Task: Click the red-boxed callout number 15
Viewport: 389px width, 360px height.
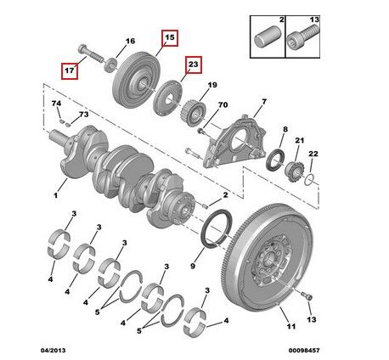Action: point(170,37)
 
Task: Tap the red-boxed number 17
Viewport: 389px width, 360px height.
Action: point(70,70)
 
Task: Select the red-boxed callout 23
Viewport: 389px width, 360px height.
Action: point(194,65)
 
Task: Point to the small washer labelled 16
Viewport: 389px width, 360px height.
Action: point(110,65)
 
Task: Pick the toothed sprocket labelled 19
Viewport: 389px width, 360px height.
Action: point(194,113)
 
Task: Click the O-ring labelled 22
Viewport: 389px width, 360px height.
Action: point(309,180)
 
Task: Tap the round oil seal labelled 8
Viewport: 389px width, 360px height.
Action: point(275,161)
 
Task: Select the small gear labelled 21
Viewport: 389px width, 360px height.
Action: point(294,172)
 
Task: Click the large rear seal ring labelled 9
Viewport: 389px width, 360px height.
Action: point(215,228)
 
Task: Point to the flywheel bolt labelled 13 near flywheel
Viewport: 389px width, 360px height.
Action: point(307,296)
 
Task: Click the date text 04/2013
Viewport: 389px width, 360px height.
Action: point(53,351)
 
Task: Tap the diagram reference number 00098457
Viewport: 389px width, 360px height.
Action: point(304,351)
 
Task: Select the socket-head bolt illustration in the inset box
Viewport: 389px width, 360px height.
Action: point(302,37)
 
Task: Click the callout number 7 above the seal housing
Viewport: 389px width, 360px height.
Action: point(264,101)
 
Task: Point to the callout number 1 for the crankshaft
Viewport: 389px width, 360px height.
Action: point(56,195)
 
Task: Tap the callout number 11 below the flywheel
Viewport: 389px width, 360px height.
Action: point(290,326)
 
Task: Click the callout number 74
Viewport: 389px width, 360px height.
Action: point(56,104)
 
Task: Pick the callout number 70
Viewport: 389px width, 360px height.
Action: point(223,104)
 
